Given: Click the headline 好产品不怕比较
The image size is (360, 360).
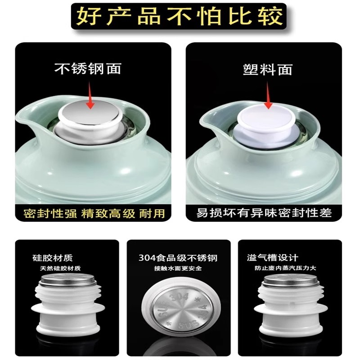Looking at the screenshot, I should point(180,16).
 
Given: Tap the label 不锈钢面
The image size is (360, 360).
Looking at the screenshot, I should point(88,69).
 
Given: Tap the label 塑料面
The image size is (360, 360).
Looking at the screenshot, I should point(268,69).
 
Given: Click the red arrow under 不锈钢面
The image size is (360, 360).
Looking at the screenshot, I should point(90,97).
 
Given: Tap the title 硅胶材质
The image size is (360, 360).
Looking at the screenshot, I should point(52,258).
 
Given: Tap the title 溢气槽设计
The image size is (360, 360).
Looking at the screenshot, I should point(273,258).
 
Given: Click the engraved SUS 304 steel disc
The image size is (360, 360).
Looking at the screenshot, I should point(180,310).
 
